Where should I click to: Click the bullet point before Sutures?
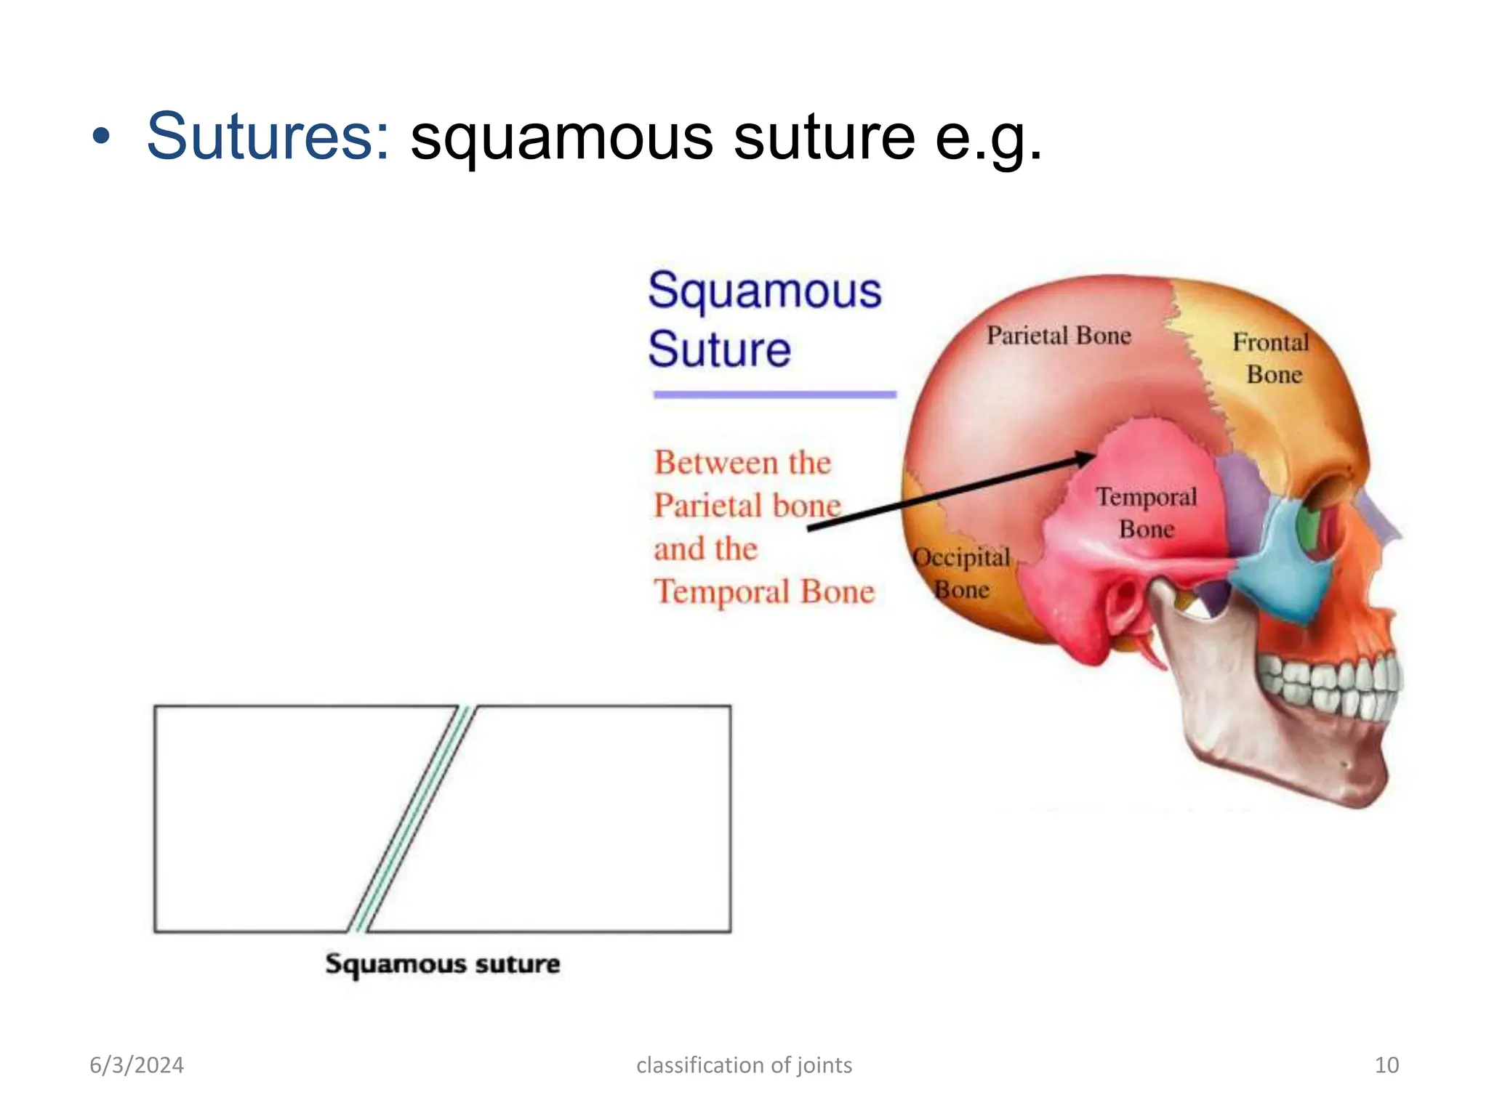pos(101,137)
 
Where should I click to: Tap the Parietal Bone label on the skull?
pos(1058,336)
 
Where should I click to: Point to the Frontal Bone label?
pos(1271,358)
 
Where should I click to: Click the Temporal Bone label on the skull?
pos(1146,512)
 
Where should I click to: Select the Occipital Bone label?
pos(961,573)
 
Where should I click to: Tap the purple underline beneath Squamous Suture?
pos(774,395)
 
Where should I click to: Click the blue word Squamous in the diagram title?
pos(764,291)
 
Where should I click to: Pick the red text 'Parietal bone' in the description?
pos(747,506)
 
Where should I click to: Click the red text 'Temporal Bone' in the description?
pos(763,591)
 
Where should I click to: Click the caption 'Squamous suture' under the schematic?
pos(442,964)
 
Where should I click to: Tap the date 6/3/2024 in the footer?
pos(137,1065)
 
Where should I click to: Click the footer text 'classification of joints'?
pos(744,1065)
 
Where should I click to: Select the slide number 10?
pos(1386,1065)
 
